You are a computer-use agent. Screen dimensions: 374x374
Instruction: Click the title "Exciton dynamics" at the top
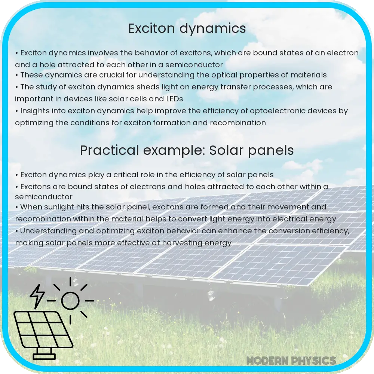click(187, 29)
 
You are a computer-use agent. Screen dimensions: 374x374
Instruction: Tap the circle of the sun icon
click(71, 300)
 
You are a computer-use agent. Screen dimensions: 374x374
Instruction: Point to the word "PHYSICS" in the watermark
click(315, 361)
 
